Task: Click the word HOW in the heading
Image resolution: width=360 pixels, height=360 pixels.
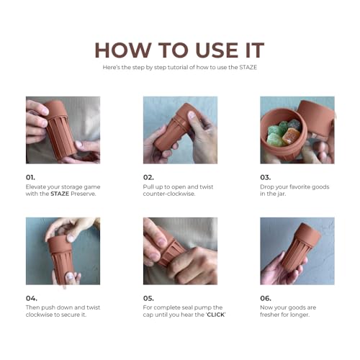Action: coord(122,50)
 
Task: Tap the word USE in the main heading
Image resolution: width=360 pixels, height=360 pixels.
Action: coord(217,50)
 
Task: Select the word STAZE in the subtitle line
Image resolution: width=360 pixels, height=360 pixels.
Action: coord(248,67)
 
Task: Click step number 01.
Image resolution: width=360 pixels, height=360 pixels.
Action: coord(30,178)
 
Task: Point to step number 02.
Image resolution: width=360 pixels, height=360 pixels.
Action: coord(148,178)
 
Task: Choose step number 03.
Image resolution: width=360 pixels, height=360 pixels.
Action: coord(265,178)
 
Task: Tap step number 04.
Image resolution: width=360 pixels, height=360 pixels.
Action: coord(32,298)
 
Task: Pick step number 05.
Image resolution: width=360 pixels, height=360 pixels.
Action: coord(148,298)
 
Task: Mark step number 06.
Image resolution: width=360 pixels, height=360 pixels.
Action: coord(266,298)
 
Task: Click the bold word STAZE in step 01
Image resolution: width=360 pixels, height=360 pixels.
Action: coord(60,194)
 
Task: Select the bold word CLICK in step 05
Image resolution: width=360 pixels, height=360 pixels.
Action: coord(216,315)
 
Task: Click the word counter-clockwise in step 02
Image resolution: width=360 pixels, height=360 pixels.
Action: coord(169,194)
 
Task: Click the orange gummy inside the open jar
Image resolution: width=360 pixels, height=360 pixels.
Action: coord(291,136)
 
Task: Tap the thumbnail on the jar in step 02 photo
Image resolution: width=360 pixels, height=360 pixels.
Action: coord(192,115)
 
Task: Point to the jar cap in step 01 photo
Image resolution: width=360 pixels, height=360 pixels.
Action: coord(55,109)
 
